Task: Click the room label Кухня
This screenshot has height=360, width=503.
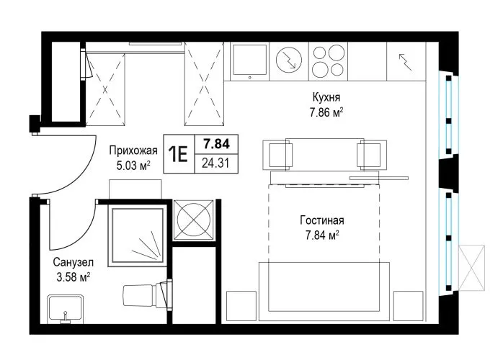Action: coord(326,96)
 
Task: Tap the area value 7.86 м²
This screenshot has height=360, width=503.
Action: coord(326,112)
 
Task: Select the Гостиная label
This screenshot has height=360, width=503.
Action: coord(322,220)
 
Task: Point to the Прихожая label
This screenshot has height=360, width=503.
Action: coord(133,150)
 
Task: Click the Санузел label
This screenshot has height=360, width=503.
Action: coord(73,262)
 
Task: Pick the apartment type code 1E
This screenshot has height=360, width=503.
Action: coord(179,154)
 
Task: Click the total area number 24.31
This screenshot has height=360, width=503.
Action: coord(215,163)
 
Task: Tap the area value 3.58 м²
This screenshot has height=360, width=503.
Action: coord(73,277)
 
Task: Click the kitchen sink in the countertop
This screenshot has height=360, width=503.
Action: coord(249,61)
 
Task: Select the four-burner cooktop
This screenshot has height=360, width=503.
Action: coord(328,61)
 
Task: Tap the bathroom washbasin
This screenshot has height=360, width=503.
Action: coord(66,309)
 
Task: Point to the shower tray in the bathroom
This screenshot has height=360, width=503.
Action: coord(137,235)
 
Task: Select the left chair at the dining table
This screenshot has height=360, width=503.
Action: coord(278,155)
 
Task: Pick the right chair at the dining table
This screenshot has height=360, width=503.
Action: coord(372,155)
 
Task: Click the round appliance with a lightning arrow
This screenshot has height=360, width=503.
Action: coord(289,60)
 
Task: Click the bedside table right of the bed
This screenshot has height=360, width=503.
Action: coord(408,306)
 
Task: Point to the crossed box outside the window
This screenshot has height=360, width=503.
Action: coord(471,268)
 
